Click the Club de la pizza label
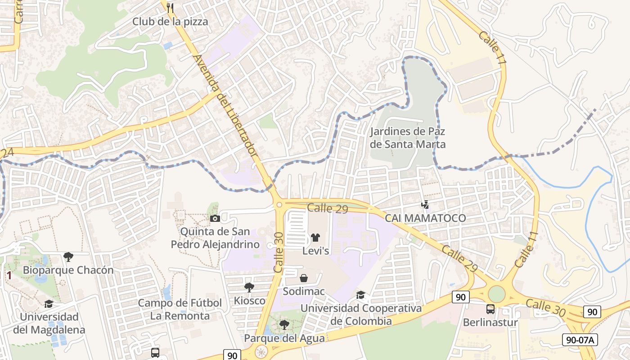[x=170, y=21]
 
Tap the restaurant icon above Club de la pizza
[x=170, y=7]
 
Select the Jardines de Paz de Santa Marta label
[x=407, y=138]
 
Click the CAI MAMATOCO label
[x=425, y=218]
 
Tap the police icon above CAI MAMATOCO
[x=425, y=205]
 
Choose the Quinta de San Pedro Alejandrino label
[x=215, y=238]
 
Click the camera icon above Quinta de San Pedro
[x=215, y=218]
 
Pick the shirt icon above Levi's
[x=315, y=237]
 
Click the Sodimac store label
[x=304, y=291]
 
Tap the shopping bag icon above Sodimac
[x=304, y=278]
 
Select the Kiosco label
[x=249, y=300]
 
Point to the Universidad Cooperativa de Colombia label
[x=361, y=315]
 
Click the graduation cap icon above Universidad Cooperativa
[x=361, y=295]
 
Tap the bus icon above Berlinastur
[x=490, y=309]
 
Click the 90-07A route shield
[x=580, y=340]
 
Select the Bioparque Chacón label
[x=68, y=270]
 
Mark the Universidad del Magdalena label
[x=49, y=323]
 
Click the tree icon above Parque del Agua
[x=284, y=324]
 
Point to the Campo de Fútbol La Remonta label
[x=180, y=309]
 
